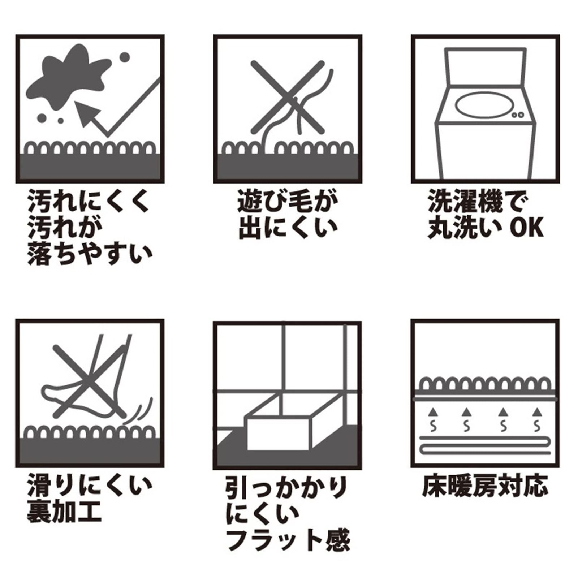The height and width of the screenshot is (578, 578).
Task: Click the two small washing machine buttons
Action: click(518, 115)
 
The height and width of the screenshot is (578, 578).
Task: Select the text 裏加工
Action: click(64, 512)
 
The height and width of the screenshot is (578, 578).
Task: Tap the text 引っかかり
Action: click(286, 487)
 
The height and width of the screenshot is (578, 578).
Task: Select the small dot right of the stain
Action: click(124, 57)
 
